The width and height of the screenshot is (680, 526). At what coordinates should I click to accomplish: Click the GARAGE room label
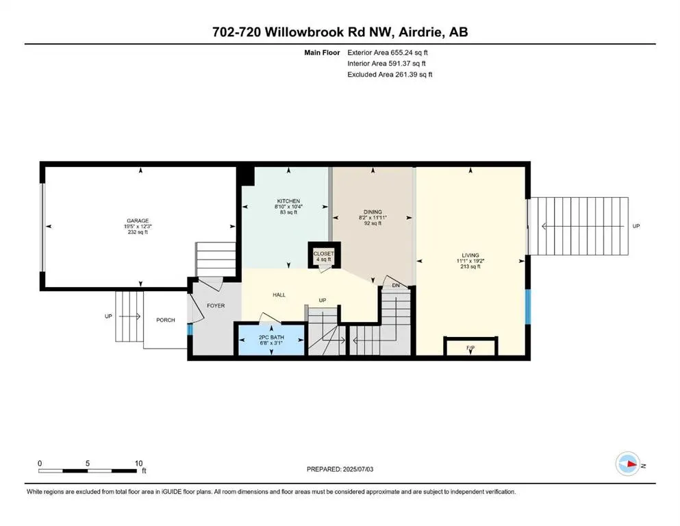(x=137, y=221)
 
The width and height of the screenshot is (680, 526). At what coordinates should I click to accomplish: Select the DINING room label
(x=373, y=212)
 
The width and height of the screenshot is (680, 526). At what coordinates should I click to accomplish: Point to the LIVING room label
(x=470, y=255)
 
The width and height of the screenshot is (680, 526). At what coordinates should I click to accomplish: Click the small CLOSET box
(x=323, y=255)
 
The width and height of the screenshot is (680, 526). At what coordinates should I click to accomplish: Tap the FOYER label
(x=216, y=305)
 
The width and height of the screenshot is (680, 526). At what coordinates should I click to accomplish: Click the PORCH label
(x=166, y=320)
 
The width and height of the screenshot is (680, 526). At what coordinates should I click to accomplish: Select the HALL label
(x=279, y=295)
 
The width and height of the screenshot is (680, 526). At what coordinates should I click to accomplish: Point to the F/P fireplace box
(x=470, y=347)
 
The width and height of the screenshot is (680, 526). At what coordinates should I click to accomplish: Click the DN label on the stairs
(x=396, y=286)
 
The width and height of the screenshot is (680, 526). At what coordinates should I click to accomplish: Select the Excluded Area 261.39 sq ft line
(x=390, y=74)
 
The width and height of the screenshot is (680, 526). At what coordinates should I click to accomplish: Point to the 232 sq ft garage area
(x=137, y=233)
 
